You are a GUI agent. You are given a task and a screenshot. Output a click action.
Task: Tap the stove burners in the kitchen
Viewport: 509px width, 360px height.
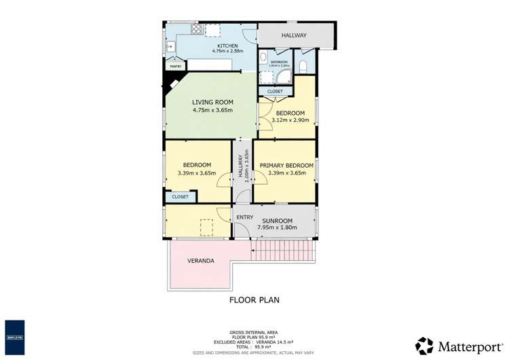click(196, 29)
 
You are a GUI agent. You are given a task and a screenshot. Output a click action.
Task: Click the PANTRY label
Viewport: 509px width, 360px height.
click(174, 67)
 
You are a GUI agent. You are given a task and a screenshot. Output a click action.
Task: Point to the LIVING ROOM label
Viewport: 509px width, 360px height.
click(212, 103)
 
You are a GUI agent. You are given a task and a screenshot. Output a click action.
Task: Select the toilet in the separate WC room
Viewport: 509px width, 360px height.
click(303, 66)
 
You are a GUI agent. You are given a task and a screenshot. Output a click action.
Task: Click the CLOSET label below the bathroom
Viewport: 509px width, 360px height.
click(275, 91)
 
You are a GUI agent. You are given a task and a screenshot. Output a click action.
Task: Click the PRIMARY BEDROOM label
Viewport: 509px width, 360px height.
click(286, 165)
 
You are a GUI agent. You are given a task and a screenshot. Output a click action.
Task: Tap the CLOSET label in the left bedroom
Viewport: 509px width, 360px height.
click(180, 196)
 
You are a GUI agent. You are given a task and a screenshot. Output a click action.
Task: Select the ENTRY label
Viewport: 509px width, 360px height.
click(244, 217)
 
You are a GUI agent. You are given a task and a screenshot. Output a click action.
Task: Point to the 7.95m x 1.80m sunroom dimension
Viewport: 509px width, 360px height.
click(278, 228)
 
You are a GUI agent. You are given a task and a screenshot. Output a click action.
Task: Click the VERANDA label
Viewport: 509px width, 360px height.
click(201, 261)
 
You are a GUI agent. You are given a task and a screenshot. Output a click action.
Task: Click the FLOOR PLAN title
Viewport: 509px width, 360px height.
click(254, 300)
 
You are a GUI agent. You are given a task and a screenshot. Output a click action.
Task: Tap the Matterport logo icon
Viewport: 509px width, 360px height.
click(424, 345)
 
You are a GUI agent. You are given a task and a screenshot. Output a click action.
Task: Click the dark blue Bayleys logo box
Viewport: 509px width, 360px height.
click(15, 336)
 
